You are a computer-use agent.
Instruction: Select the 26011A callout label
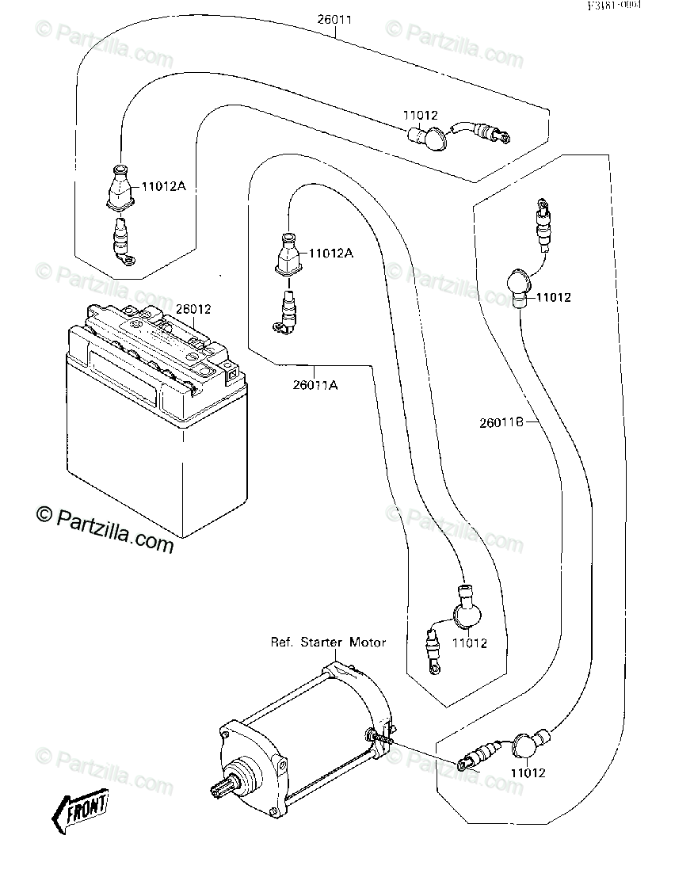(x=316, y=385)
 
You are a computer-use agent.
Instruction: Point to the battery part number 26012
(x=194, y=309)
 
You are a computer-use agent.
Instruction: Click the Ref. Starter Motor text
(x=328, y=642)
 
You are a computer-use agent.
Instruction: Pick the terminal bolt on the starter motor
(x=379, y=738)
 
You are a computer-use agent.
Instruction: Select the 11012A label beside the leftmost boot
(x=163, y=187)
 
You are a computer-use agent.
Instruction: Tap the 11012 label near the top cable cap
(x=421, y=116)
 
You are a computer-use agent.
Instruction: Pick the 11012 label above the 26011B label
(x=553, y=298)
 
